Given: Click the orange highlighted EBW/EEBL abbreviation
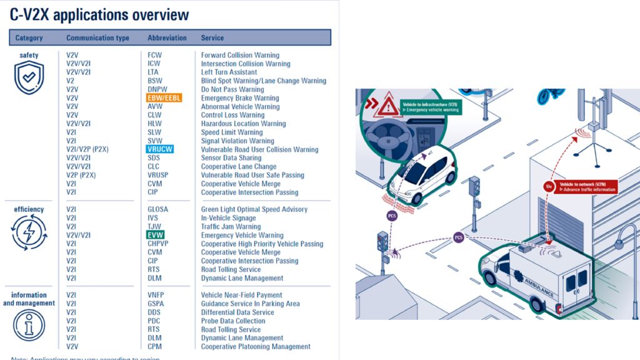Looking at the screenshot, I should (x=164, y=98).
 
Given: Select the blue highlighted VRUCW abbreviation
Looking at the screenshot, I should (x=160, y=149).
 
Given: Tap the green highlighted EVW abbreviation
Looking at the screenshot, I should (x=154, y=235).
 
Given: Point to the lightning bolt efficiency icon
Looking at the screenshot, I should (x=29, y=233).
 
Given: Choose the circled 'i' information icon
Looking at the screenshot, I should (x=29, y=325).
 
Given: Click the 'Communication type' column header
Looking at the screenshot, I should (x=97, y=38).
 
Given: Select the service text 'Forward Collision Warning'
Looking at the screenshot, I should (x=240, y=55).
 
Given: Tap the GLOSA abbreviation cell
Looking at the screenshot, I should (x=157, y=209).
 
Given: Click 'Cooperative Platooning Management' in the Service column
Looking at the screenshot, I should (x=256, y=346).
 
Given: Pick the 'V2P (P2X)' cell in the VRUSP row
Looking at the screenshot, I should (x=81, y=175).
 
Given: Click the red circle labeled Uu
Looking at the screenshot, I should (x=549, y=186).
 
